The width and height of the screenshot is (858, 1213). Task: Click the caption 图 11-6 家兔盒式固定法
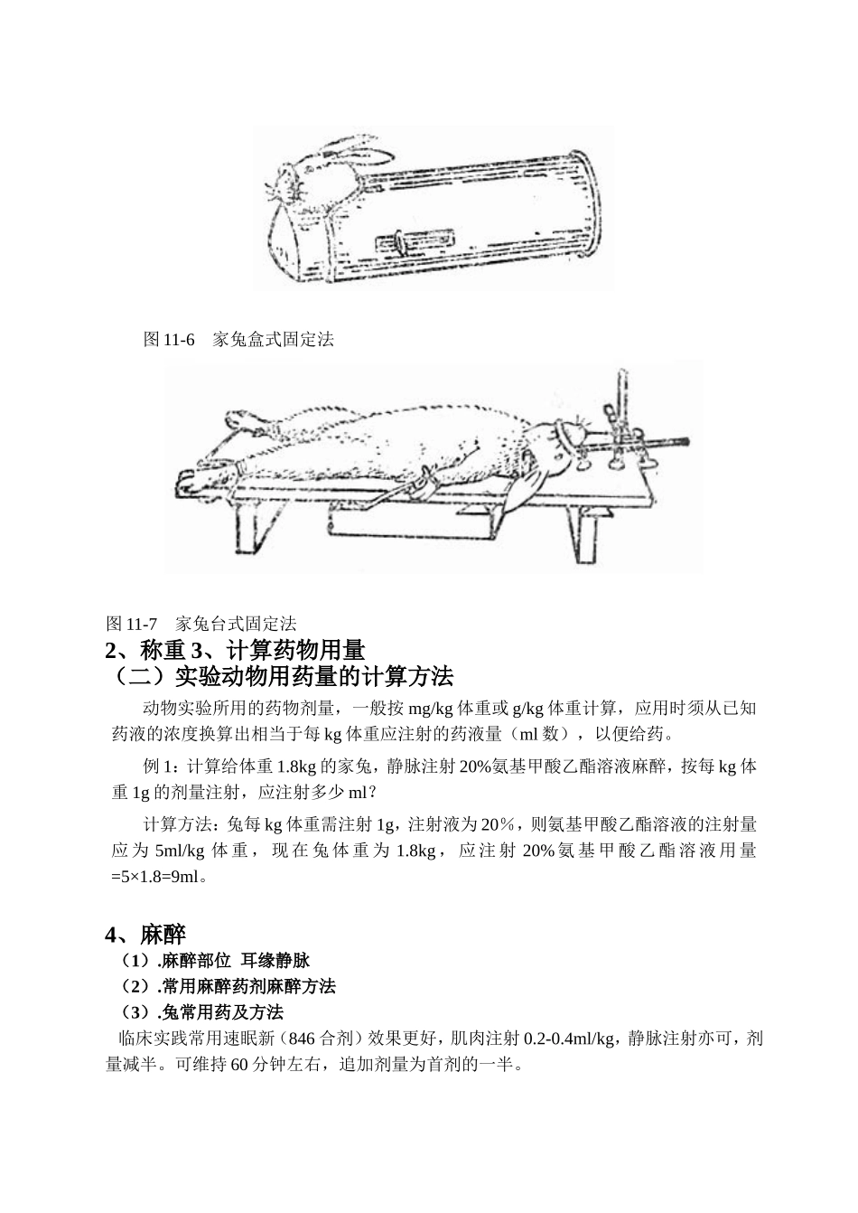[x=238, y=340]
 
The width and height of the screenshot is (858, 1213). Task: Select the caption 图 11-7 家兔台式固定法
[x=201, y=623]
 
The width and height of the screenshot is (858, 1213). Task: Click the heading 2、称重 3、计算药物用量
[x=235, y=649]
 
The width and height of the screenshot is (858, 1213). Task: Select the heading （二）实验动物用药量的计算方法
[x=279, y=676]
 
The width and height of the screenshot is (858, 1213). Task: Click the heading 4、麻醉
[x=145, y=934]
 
